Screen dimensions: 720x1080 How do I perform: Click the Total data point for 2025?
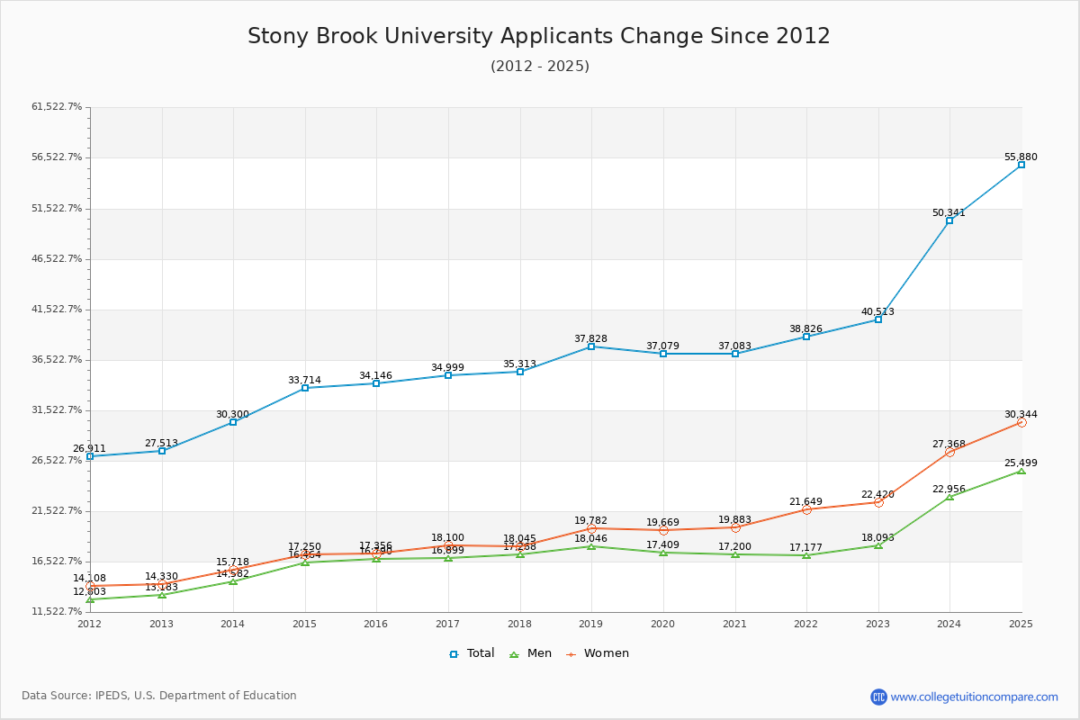[1021, 165]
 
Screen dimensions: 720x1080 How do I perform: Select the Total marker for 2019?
[591, 346]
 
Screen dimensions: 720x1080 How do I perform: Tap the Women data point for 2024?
[949, 452]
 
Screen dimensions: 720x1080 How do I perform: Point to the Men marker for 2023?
[878, 545]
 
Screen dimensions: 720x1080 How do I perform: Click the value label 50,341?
[949, 213]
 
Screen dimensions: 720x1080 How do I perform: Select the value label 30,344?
[1021, 415]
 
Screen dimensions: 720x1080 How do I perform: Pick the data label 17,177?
[806, 547]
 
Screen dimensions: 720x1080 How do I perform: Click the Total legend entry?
[472, 653]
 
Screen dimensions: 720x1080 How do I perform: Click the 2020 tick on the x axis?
[662, 623]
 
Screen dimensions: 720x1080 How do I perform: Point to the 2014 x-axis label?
[232, 623]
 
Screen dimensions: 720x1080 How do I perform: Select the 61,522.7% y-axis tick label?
[57, 107]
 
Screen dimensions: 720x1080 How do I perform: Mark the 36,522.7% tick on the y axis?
[57, 359]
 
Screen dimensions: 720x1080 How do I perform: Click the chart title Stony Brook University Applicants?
[538, 36]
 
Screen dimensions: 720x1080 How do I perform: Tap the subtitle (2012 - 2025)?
[539, 67]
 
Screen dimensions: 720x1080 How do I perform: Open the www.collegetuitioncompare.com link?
[974, 697]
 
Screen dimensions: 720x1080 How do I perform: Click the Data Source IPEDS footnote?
[159, 696]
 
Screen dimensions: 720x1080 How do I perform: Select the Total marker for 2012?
[90, 456]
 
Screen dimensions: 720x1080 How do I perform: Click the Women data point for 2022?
[806, 509]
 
